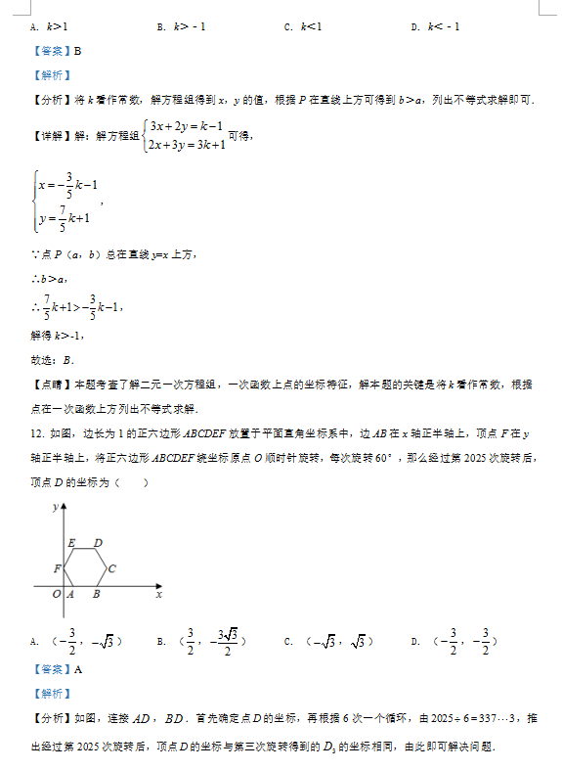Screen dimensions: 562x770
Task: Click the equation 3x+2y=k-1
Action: (x=186, y=125)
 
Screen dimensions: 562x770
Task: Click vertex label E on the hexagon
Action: (x=71, y=542)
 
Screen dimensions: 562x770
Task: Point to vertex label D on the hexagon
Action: (x=98, y=542)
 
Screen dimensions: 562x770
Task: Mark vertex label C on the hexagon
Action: (x=112, y=568)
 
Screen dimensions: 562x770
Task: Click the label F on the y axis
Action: (x=58, y=568)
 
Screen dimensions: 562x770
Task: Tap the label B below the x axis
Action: (x=96, y=594)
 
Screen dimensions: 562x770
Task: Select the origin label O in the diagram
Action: (x=56, y=594)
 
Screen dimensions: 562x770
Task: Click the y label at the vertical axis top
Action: (x=55, y=507)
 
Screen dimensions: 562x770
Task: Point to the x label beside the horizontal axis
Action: (x=158, y=594)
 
